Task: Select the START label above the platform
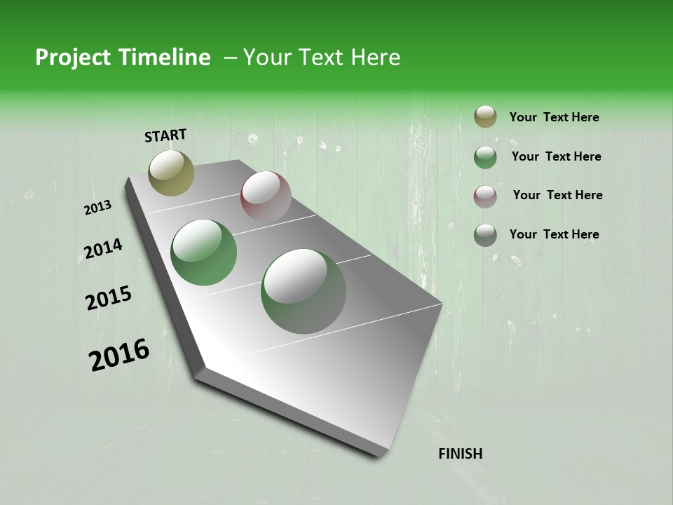pos(165,135)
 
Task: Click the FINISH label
pos(461,454)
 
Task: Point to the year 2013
pos(98,208)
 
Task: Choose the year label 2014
pos(103,249)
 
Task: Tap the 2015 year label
pos(109,298)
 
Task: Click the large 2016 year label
pos(119,355)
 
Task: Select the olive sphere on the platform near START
pos(171,173)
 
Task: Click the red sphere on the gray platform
pos(266,196)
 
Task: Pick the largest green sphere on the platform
pos(304,291)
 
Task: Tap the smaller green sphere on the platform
pos(204,252)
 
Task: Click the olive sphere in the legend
pos(485,117)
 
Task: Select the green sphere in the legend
pos(485,157)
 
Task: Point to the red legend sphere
pos(485,196)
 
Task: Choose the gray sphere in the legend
pos(485,235)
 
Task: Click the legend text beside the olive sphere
pos(554,118)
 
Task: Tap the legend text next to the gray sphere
pos(554,234)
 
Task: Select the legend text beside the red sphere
pos(557,195)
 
